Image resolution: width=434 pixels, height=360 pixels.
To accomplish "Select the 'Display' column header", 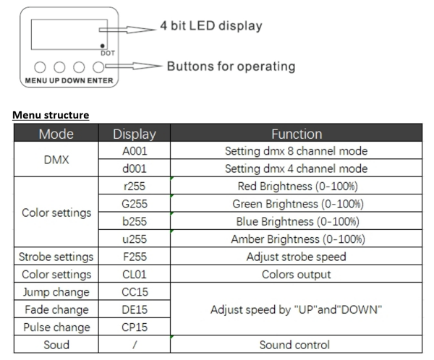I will tap(135, 134).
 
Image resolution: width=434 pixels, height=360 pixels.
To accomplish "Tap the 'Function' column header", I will tap(297, 134).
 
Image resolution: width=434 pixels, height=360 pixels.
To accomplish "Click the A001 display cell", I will tap(135, 151).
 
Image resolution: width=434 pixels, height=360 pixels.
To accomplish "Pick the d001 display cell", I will tap(135, 168).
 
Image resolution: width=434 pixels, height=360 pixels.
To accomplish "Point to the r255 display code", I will tap(135, 186).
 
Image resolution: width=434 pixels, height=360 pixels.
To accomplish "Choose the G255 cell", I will tap(135, 204).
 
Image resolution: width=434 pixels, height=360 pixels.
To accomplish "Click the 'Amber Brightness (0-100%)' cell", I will tap(297, 239).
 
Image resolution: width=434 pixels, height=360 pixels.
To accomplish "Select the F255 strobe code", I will tap(135, 257).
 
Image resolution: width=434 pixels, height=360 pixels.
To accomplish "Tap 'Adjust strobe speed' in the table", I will tap(297, 257).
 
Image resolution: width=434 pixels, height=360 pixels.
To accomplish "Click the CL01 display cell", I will tap(135, 274).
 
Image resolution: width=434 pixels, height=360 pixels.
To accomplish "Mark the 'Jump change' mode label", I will tap(56, 292).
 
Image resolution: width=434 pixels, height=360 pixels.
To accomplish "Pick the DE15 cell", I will tap(135, 309).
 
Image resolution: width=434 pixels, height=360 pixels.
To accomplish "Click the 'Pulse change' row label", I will tap(56, 327).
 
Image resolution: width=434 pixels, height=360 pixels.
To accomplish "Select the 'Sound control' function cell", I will tap(297, 345).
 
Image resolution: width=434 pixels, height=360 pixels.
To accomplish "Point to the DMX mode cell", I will tap(56, 160).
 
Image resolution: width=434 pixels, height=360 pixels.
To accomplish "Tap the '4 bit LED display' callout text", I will tap(211, 26).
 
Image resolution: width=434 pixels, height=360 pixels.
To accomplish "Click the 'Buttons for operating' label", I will tap(231, 67).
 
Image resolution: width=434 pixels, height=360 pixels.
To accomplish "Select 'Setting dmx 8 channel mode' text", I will tap(297, 151).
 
